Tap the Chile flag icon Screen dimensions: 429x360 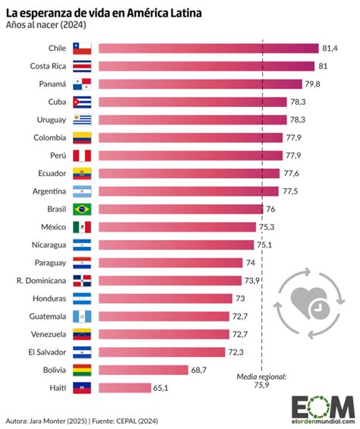[x=81, y=48]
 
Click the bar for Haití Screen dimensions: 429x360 [x=125, y=387]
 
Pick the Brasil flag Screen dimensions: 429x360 [x=81, y=209]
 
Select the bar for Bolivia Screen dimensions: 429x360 [x=144, y=370]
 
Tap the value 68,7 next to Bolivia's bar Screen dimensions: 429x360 [x=200, y=370]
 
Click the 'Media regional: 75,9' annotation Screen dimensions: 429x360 [x=261, y=380]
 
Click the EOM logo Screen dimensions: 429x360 [x=323, y=406]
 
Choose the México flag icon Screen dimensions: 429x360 [x=81, y=226]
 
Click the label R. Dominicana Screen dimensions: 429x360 [x=40, y=280]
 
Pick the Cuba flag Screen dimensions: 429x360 [x=81, y=102]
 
